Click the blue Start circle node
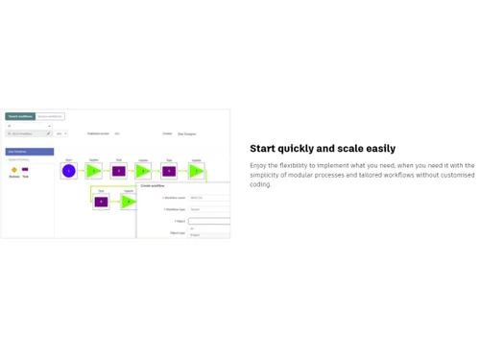click(69, 171)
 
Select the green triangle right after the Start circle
click(93, 171)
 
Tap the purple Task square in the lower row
click(101, 202)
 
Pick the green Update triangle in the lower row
click(128, 202)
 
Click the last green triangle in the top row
click(195, 171)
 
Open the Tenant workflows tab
click(20, 116)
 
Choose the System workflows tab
click(50, 116)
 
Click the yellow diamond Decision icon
click(14, 170)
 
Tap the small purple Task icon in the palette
click(25, 170)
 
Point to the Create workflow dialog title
click(154, 186)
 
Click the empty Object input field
click(208, 221)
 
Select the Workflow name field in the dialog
click(208, 198)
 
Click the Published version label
click(98, 133)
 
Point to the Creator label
click(167, 133)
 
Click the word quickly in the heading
click(296, 149)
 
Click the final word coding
click(261, 184)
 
